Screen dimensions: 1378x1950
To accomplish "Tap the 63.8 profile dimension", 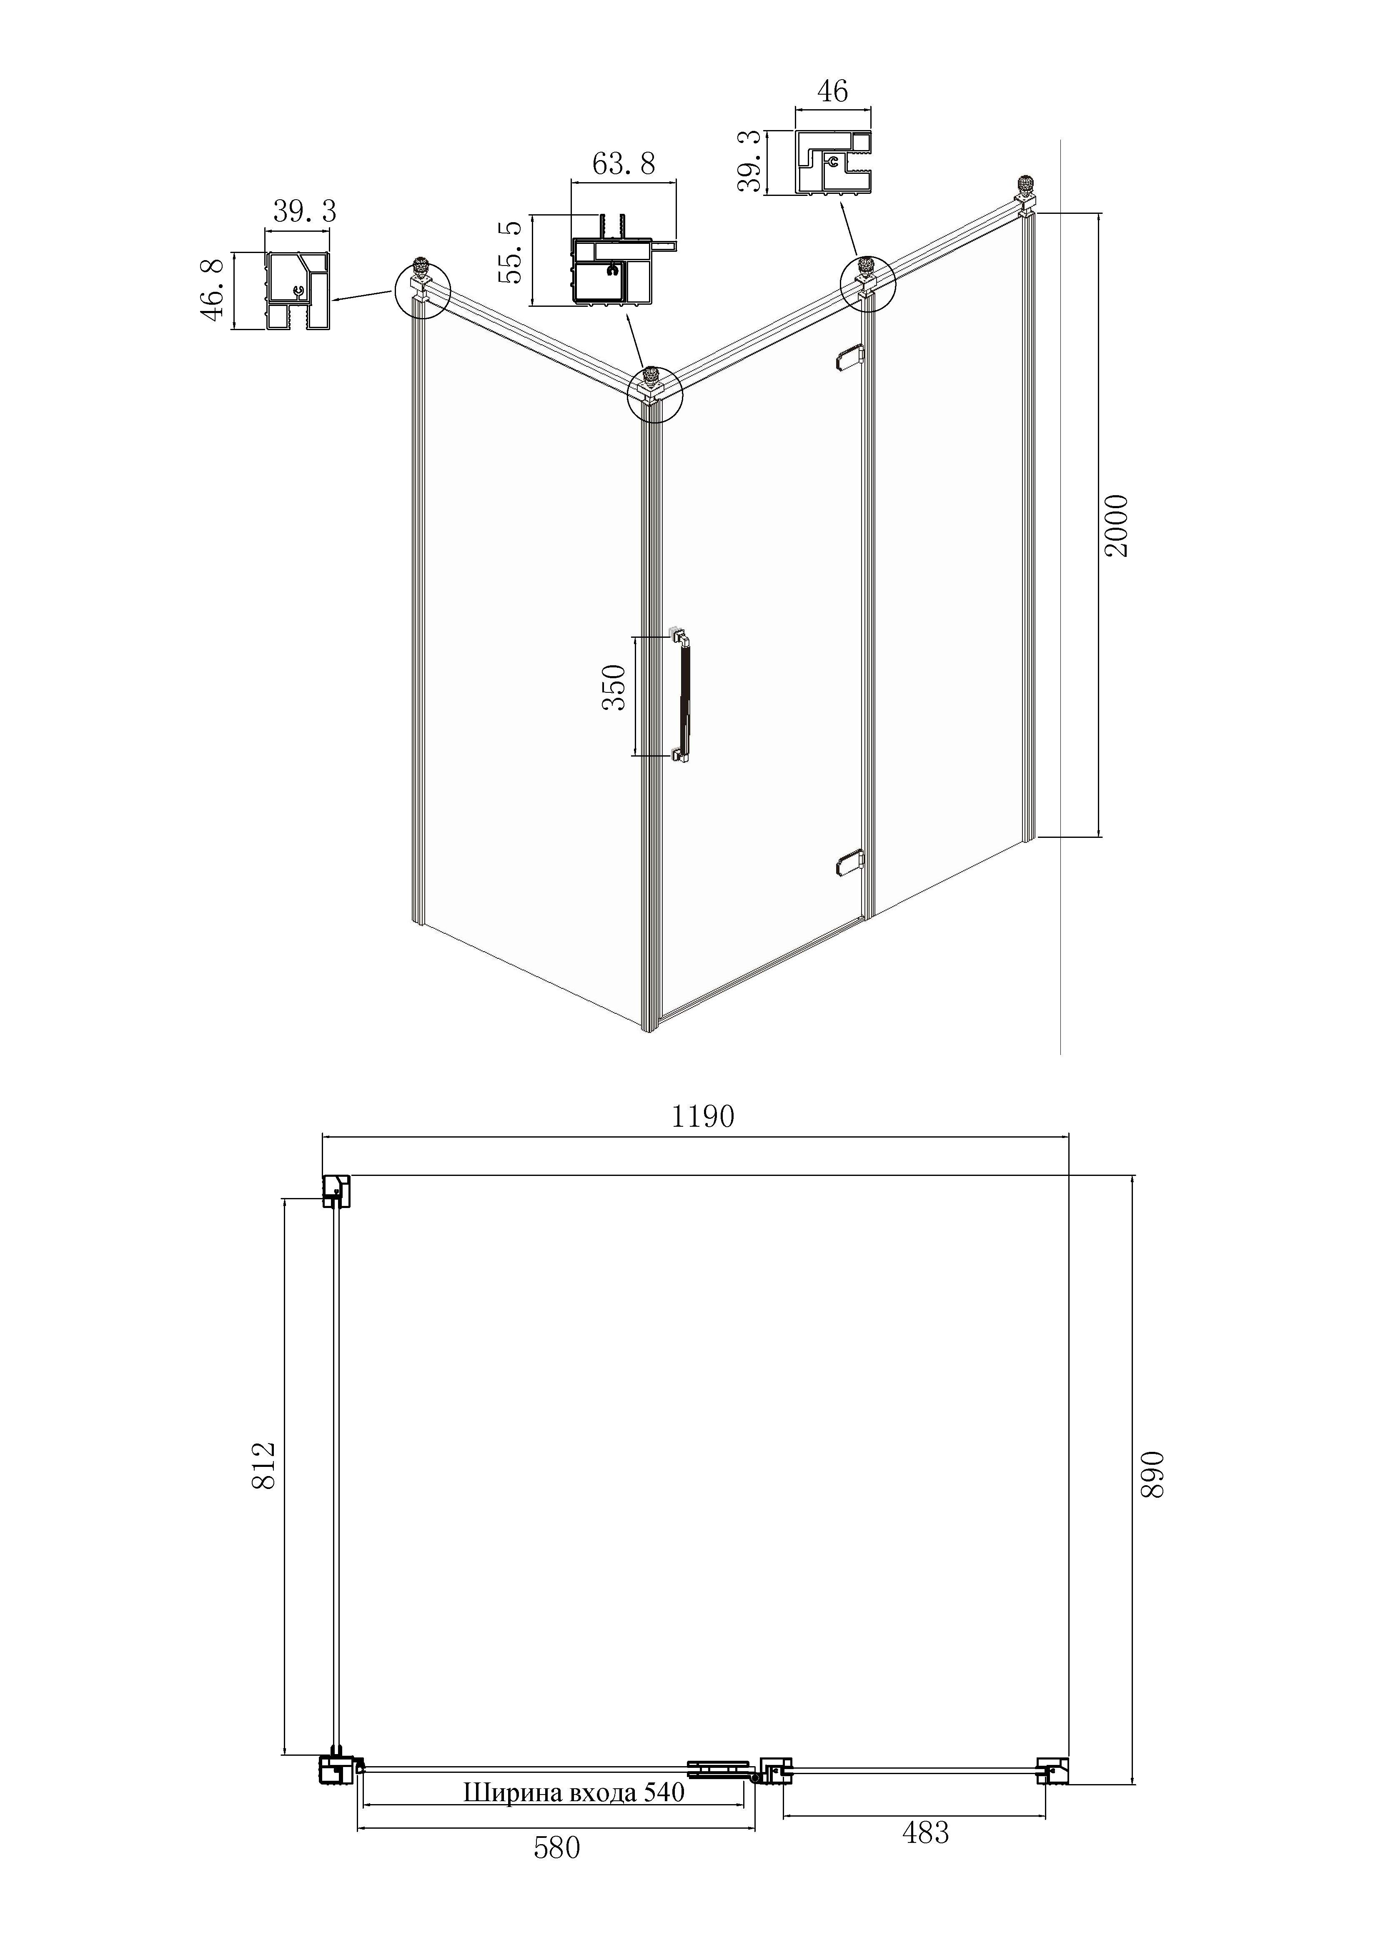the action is (x=623, y=163).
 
